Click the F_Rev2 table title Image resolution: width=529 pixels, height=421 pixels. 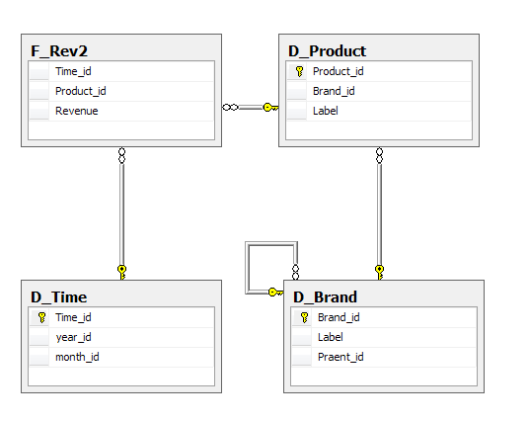coord(59,51)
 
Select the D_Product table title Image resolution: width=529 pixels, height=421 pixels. coord(327,51)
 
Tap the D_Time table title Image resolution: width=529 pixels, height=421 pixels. coord(58,297)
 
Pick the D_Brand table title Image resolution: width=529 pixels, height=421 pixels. coord(325,297)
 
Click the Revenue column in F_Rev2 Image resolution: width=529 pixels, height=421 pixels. coord(77,111)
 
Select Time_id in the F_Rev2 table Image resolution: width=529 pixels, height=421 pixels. coord(73,71)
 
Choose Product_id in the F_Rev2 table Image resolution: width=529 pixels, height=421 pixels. coord(81,91)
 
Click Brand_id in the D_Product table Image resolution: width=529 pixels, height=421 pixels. coord(334,91)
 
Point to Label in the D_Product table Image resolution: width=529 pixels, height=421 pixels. coord(326,111)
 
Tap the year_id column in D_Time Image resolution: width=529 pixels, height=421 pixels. coord(73,337)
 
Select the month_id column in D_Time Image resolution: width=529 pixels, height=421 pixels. coord(77,357)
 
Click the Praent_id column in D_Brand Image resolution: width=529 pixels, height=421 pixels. coord(340,357)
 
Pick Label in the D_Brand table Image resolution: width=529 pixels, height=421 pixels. coord(331,337)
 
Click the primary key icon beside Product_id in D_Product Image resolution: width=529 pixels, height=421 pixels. coord(299,71)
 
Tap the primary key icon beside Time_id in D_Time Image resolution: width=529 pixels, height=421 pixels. coord(41,317)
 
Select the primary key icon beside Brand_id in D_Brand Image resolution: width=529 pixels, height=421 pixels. coord(304,317)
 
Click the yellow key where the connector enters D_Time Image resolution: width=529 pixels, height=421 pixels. coord(122,273)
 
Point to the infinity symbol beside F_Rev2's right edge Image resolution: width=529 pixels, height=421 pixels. coord(230,108)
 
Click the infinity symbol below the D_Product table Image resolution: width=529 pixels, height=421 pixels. coord(380,155)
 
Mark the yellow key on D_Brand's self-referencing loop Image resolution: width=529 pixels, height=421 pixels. coord(275,292)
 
